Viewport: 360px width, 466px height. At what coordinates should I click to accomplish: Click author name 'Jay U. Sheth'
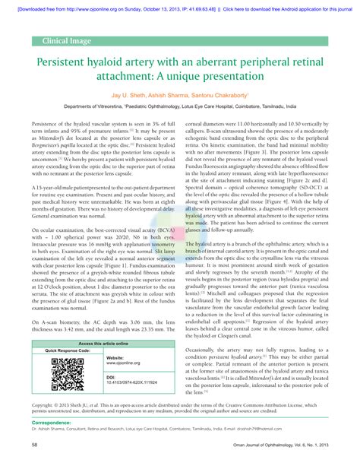128,97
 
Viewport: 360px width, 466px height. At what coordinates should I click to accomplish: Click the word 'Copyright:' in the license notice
44,405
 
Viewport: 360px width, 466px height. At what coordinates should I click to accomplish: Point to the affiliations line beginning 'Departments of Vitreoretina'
180,108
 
